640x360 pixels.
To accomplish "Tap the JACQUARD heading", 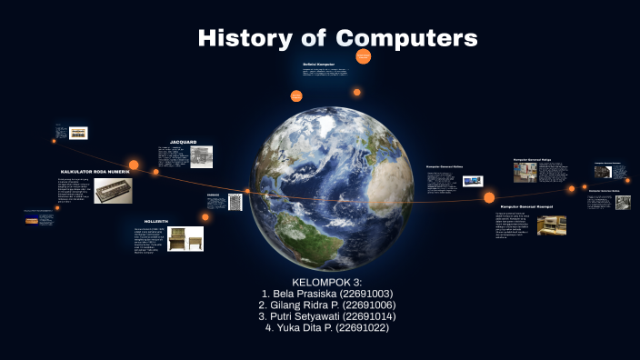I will click(183, 142).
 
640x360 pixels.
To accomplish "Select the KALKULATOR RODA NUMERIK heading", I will click(95, 172).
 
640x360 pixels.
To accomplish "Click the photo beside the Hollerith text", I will click(185, 239).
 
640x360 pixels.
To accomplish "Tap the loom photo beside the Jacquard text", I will click(201, 157).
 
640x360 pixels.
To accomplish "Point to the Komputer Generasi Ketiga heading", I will click(534, 159).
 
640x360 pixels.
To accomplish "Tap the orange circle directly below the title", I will click(363, 57).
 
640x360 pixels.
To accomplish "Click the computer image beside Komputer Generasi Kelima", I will click(472, 181).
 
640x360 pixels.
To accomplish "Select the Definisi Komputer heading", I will click(320, 65).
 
